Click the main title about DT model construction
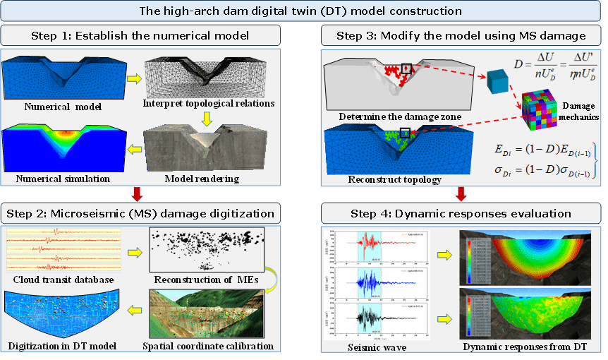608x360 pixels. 304,11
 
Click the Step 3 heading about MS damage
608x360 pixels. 463,34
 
